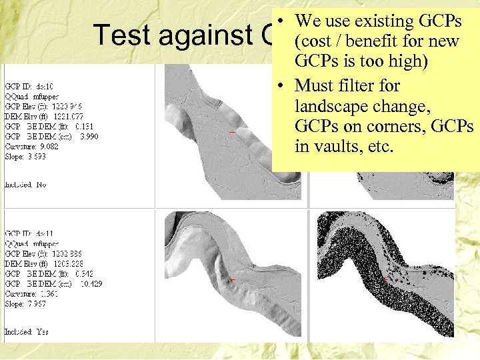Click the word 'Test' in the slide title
point(118,35)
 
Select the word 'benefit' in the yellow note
point(391,41)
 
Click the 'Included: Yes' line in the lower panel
point(26,331)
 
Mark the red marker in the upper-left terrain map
point(232,132)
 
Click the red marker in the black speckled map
point(385,279)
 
